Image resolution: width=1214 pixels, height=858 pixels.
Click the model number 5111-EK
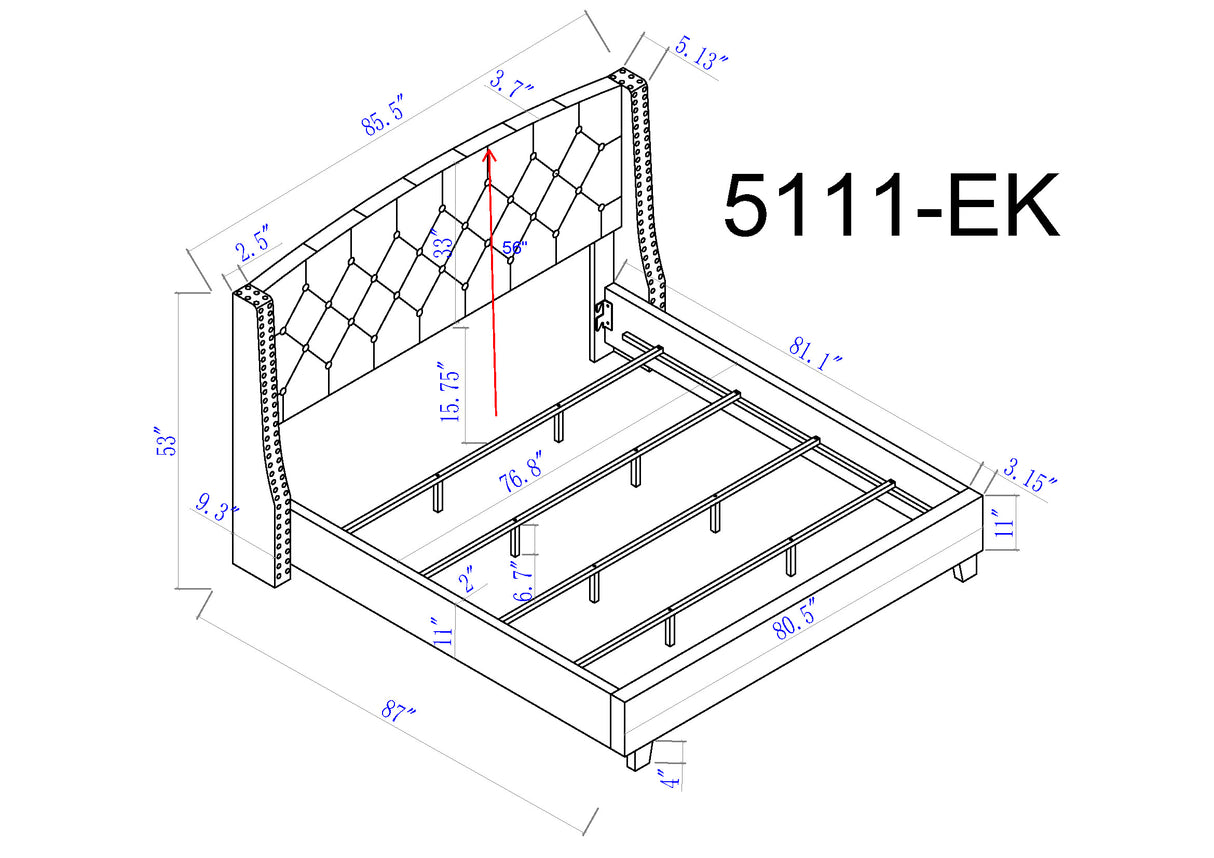890,206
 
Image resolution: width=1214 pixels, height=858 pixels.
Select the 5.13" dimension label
701,53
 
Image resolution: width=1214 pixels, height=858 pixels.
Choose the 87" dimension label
397,712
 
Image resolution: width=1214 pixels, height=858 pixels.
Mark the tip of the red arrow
489,151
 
